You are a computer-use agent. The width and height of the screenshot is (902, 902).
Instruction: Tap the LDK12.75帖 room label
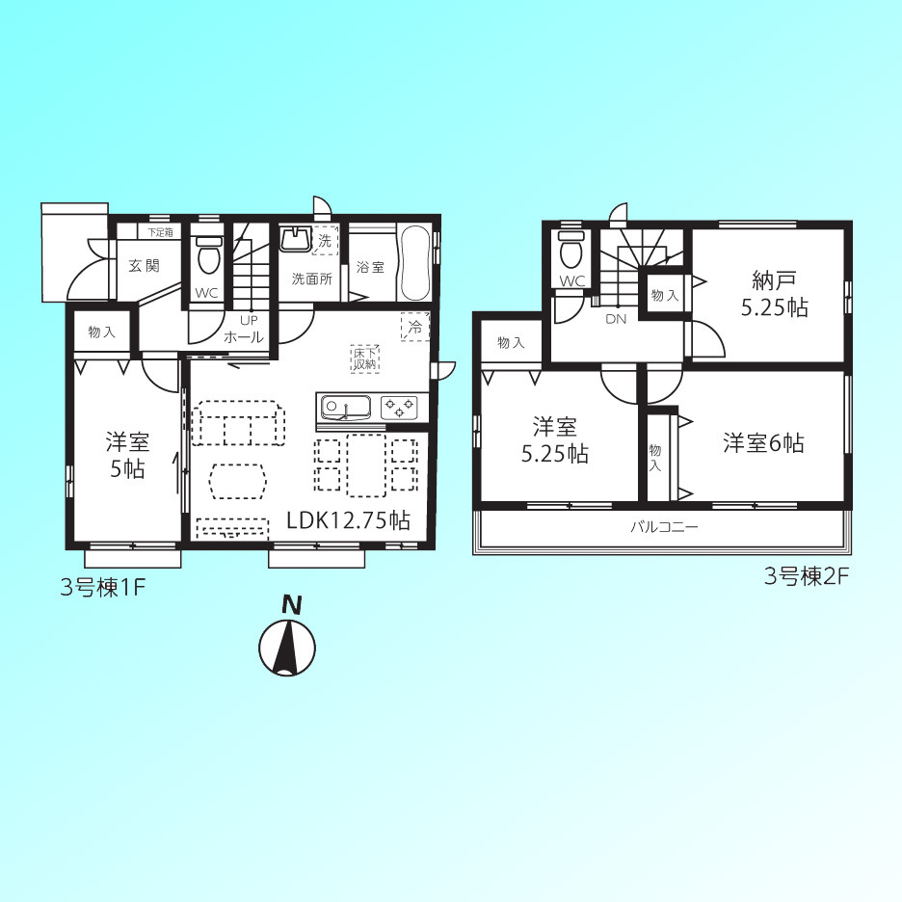348,520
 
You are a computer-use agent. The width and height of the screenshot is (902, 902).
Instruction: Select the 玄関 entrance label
144,265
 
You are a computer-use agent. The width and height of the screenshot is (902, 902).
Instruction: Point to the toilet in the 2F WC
570,250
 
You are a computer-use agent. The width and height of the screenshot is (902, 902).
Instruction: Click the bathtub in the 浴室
414,262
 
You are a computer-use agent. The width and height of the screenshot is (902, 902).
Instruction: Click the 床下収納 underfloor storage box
364,358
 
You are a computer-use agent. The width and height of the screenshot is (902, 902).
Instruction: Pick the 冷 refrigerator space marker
415,327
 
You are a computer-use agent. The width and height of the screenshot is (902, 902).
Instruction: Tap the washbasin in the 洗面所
295,238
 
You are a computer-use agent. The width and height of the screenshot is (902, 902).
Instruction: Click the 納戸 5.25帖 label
774,294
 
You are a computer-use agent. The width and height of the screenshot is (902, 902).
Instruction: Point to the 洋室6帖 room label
763,443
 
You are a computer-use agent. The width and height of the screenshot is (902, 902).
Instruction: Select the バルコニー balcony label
664,526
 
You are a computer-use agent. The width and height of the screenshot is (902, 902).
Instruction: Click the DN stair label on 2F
616,319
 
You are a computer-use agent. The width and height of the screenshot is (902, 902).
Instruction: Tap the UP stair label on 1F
249,320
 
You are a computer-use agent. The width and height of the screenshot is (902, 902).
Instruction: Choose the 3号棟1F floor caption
102,588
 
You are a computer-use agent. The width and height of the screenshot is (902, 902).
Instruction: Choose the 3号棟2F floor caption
807,576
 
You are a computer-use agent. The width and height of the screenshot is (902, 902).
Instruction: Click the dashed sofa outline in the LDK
238,423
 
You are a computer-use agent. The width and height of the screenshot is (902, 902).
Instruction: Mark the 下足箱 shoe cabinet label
160,232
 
